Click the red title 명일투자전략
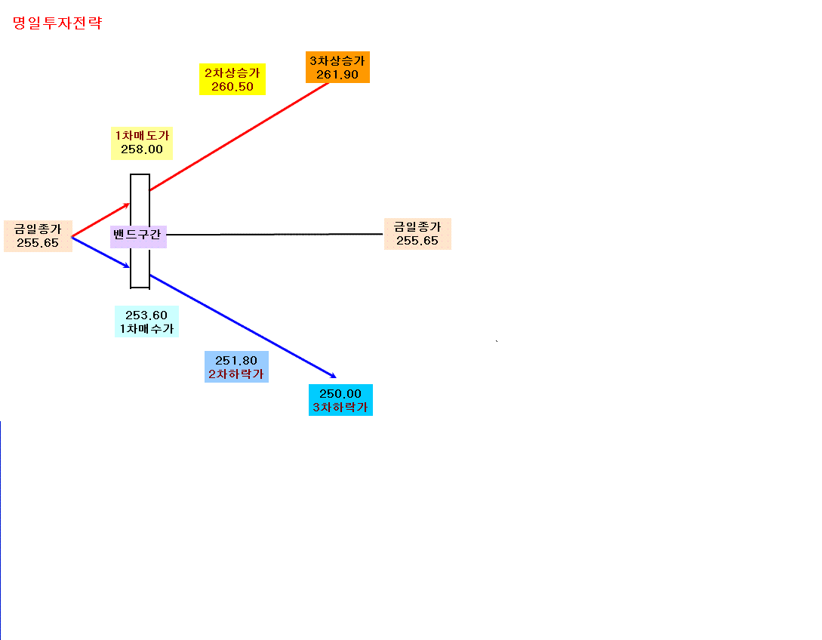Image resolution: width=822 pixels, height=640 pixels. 57,23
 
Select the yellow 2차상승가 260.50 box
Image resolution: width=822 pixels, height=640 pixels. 232,79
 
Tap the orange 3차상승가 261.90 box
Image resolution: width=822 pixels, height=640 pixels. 337,67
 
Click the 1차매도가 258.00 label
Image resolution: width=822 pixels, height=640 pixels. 142,143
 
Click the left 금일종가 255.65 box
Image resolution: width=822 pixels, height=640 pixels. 38,236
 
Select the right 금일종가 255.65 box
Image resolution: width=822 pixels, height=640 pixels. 417,234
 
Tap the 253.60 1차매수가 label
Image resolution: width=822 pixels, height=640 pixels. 146,322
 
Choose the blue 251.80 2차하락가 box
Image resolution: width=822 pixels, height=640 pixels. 236,367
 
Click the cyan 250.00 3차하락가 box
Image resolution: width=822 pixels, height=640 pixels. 340,400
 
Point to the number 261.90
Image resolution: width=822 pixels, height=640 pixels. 337,75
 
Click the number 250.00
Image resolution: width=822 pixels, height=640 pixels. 340,394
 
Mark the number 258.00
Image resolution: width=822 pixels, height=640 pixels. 142,149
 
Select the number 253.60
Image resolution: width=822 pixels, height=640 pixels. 146,315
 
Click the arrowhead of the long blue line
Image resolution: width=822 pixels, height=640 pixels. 334,376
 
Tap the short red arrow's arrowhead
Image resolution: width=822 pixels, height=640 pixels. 126,205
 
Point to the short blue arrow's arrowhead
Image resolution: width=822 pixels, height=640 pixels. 126,266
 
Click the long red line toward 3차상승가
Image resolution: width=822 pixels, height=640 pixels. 239,137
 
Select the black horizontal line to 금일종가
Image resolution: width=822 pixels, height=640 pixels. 275,234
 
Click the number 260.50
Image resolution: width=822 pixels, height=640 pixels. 232,87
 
